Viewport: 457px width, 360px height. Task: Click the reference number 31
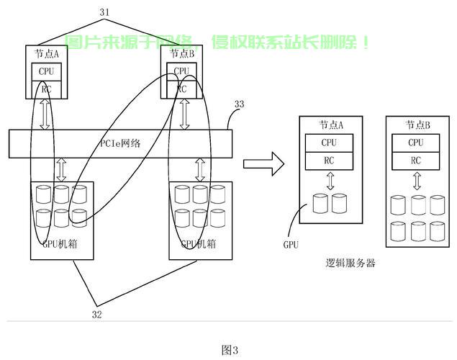(x=104, y=12)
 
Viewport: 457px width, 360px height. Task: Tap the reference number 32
(x=97, y=315)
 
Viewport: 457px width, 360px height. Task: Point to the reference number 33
(x=239, y=104)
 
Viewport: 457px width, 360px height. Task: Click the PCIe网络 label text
(x=120, y=143)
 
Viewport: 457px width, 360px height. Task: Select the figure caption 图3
(x=230, y=350)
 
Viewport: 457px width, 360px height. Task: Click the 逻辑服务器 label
(x=350, y=264)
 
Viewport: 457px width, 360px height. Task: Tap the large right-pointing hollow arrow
(x=264, y=164)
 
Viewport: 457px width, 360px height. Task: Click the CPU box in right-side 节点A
(x=329, y=143)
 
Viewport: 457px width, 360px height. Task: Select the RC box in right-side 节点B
(x=415, y=161)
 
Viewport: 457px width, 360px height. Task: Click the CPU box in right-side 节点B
(x=415, y=143)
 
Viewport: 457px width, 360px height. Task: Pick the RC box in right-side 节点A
(x=329, y=161)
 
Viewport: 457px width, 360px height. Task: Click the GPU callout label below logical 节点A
(x=291, y=244)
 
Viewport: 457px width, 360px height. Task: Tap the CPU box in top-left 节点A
(x=46, y=72)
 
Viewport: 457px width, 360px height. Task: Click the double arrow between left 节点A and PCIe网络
(x=45, y=114)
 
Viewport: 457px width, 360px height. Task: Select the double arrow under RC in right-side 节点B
(x=417, y=181)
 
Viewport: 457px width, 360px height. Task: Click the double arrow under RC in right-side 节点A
(x=330, y=181)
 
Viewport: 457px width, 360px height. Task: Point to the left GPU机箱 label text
(x=60, y=243)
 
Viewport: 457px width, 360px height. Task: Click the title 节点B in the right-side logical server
(x=417, y=125)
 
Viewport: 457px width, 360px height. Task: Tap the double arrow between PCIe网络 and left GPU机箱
(x=61, y=170)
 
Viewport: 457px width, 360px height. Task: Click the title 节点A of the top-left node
(x=47, y=54)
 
